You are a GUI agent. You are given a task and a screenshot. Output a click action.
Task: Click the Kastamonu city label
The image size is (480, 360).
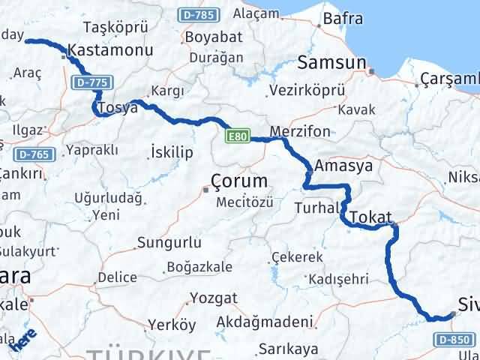pos(110,50)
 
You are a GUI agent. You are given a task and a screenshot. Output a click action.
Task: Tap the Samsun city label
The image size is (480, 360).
pos(331,62)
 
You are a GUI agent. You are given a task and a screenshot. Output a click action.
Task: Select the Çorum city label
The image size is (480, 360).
pos(239,181)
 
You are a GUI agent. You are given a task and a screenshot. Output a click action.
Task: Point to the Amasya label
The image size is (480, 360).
pos(344,166)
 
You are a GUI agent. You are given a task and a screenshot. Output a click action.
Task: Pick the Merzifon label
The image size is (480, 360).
pos(299,131)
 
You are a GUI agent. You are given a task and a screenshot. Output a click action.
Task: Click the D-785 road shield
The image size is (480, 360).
pos(198,15)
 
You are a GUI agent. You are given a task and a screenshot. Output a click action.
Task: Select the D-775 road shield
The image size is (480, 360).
pos(88,81)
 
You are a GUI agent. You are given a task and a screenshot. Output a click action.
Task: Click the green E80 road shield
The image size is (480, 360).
pos(237,136)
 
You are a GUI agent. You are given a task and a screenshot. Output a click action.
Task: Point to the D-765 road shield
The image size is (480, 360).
pos(34,154)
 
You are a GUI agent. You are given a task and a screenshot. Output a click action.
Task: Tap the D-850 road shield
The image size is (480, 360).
pos(453,340)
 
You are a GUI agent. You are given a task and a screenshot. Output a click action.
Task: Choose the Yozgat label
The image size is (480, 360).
pos(214,298)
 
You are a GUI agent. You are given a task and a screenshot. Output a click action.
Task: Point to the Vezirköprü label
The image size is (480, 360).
pos(307,89)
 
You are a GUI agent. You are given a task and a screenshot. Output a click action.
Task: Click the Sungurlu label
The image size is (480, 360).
pos(169,243)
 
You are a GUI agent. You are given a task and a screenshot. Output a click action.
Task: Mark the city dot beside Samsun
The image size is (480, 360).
pos(371,72)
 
